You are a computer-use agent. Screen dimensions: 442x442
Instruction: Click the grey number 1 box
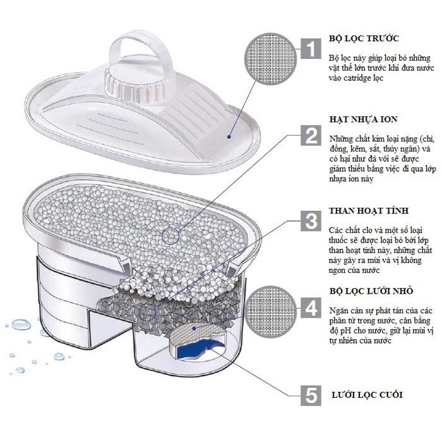click(311, 49)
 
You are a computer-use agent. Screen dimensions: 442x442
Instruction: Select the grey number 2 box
click(311, 135)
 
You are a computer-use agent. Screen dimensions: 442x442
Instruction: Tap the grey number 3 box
click(311, 221)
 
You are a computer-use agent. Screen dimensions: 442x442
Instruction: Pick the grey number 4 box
click(311, 308)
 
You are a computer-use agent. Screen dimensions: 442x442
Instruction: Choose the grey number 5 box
click(311, 395)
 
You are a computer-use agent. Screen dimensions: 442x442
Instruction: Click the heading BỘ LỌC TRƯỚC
click(364, 38)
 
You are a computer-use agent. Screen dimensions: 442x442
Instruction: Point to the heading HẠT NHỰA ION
click(363, 119)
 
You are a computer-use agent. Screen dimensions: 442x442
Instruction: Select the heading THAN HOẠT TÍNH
click(369, 210)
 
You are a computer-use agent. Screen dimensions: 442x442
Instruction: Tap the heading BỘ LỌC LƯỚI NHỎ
click(371, 290)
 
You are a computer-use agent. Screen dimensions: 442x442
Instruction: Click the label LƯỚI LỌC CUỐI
click(367, 395)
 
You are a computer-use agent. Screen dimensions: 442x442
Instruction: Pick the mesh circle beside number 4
click(271, 311)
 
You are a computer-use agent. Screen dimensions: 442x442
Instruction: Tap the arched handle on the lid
click(140, 51)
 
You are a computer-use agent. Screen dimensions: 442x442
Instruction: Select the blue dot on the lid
click(229, 137)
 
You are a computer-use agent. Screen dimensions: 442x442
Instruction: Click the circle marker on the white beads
click(170, 236)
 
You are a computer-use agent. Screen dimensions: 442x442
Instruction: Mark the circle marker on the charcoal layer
click(147, 313)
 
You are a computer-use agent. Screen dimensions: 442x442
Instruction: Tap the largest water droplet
click(21, 324)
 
